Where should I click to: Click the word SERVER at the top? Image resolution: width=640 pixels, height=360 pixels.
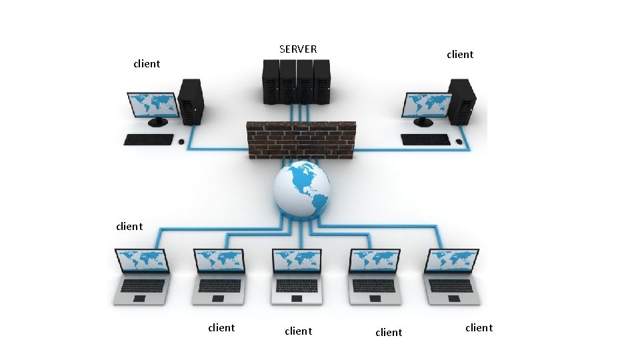[298, 49]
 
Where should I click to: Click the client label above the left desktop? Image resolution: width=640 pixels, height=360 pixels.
[147, 64]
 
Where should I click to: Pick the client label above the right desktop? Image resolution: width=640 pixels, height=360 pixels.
[460, 55]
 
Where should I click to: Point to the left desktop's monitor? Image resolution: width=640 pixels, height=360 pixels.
[153, 105]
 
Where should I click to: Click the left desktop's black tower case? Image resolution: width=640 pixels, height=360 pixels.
[191, 101]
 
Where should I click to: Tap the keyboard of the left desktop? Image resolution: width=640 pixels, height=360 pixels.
[149, 139]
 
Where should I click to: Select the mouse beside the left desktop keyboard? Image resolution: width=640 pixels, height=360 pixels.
[181, 141]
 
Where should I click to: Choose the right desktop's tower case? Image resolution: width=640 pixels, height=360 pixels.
[462, 101]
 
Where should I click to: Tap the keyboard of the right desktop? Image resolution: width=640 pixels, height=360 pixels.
[425, 139]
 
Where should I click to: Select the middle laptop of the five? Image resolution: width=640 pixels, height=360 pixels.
[298, 276]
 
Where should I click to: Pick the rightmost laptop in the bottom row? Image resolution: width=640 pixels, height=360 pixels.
[451, 276]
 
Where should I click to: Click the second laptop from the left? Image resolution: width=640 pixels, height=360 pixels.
[220, 276]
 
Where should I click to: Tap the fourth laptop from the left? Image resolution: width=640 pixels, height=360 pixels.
[375, 276]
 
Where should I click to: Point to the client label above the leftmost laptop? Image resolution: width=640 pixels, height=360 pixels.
[129, 227]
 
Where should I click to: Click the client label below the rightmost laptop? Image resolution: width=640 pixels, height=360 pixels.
[479, 328]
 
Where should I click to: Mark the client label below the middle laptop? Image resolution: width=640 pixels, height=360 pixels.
[298, 331]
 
